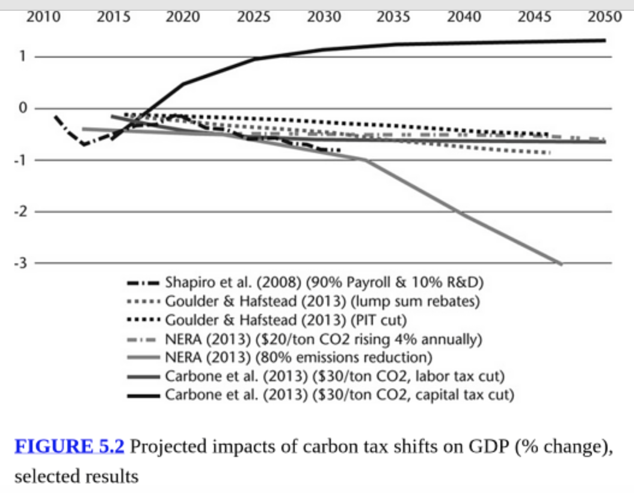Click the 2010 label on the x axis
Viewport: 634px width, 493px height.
pos(44,17)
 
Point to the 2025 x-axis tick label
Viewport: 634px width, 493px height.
pos(253,17)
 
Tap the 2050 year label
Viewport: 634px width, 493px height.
pos(604,17)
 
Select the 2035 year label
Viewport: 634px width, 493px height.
pos(393,17)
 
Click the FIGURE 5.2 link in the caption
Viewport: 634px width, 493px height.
pos(69,447)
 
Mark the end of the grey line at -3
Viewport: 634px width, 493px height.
pos(561,263)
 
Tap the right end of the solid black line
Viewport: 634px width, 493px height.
pos(604,40)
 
